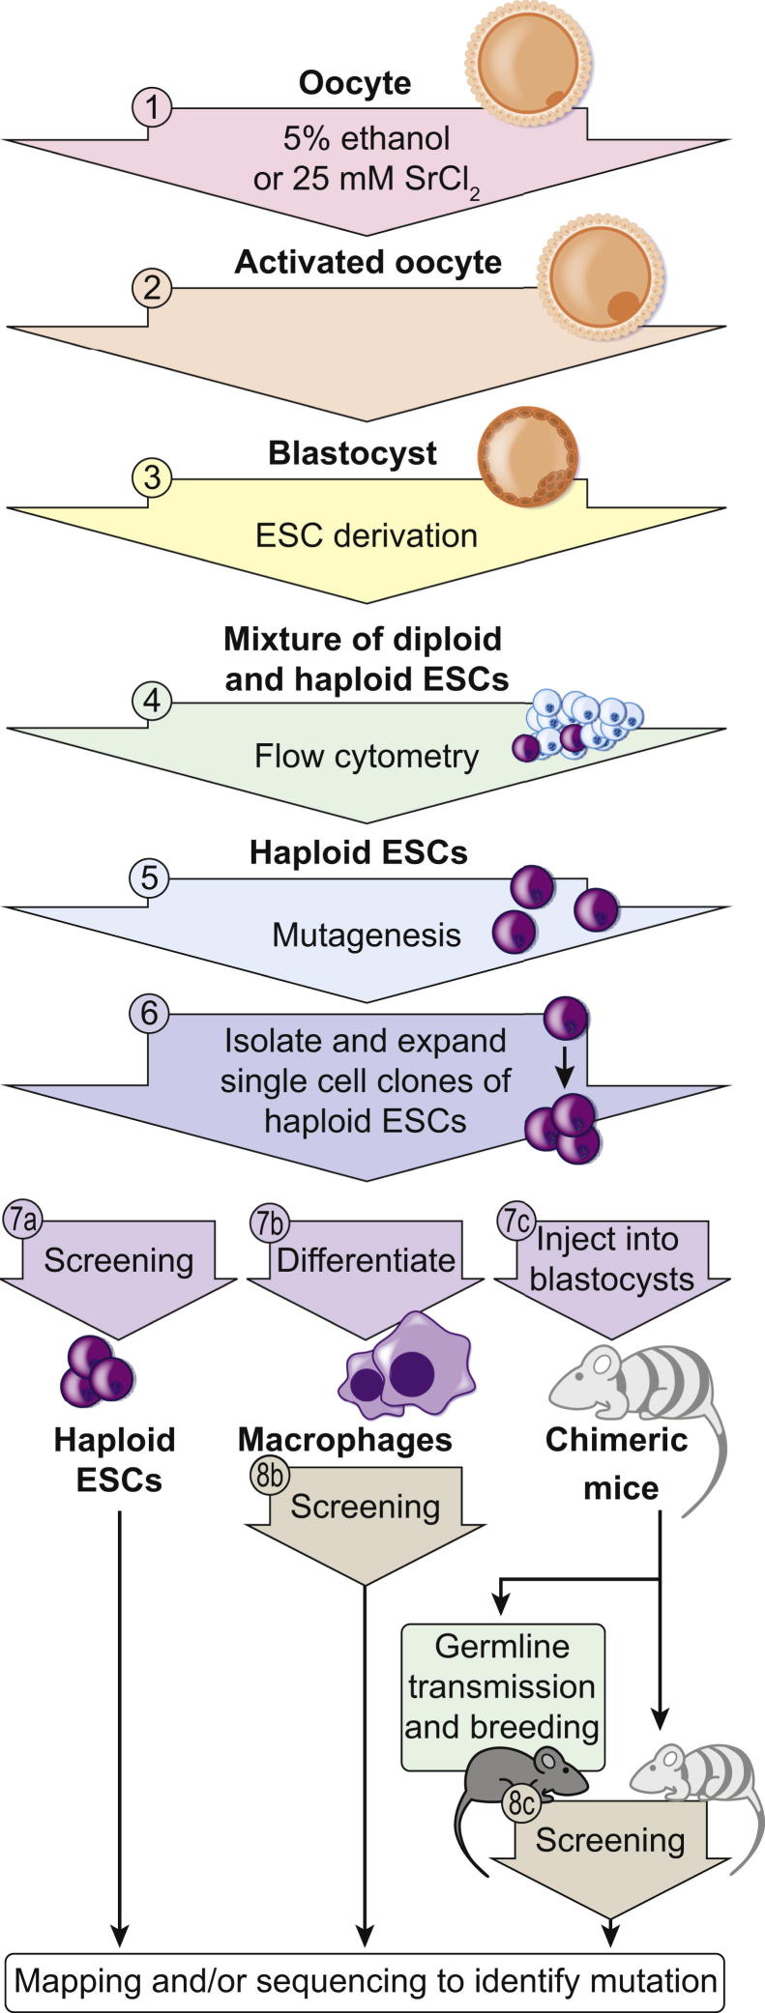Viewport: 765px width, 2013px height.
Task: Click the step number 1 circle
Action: [151, 106]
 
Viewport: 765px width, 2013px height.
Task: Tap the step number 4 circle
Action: [151, 700]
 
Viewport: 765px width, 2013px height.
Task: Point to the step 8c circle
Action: [522, 1801]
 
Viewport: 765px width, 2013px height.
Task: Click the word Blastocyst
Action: [352, 453]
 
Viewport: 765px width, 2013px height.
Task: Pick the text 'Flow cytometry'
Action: [367, 756]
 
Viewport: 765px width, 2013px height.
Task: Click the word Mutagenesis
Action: [367, 935]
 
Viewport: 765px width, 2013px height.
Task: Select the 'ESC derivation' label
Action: [367, 534]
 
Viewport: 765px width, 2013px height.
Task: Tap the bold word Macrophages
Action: [345, 1439]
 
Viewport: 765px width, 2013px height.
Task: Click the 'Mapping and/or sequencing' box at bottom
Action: [366, 1980]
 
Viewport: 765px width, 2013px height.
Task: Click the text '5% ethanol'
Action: [367, 138]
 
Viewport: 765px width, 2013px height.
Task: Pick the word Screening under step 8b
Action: [366, 1506]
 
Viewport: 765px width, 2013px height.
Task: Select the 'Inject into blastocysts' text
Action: [612, 1258]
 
